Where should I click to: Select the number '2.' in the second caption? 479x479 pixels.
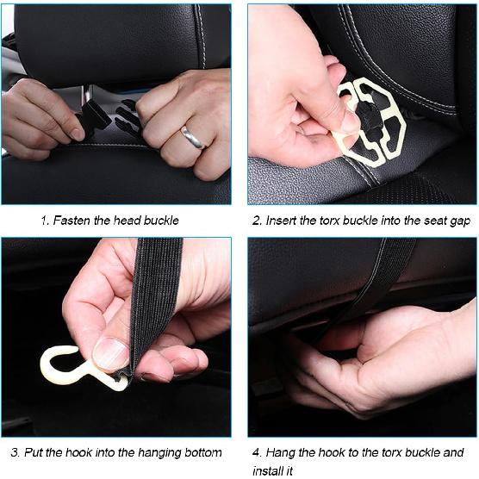258,221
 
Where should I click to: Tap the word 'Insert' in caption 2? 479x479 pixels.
282,221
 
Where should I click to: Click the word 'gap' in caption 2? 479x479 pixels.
458,221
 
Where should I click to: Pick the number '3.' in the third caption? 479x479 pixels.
16,452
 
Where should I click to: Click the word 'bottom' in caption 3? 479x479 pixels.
202,452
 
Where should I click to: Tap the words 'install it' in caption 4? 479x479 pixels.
273,471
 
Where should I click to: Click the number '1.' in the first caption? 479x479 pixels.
45,221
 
